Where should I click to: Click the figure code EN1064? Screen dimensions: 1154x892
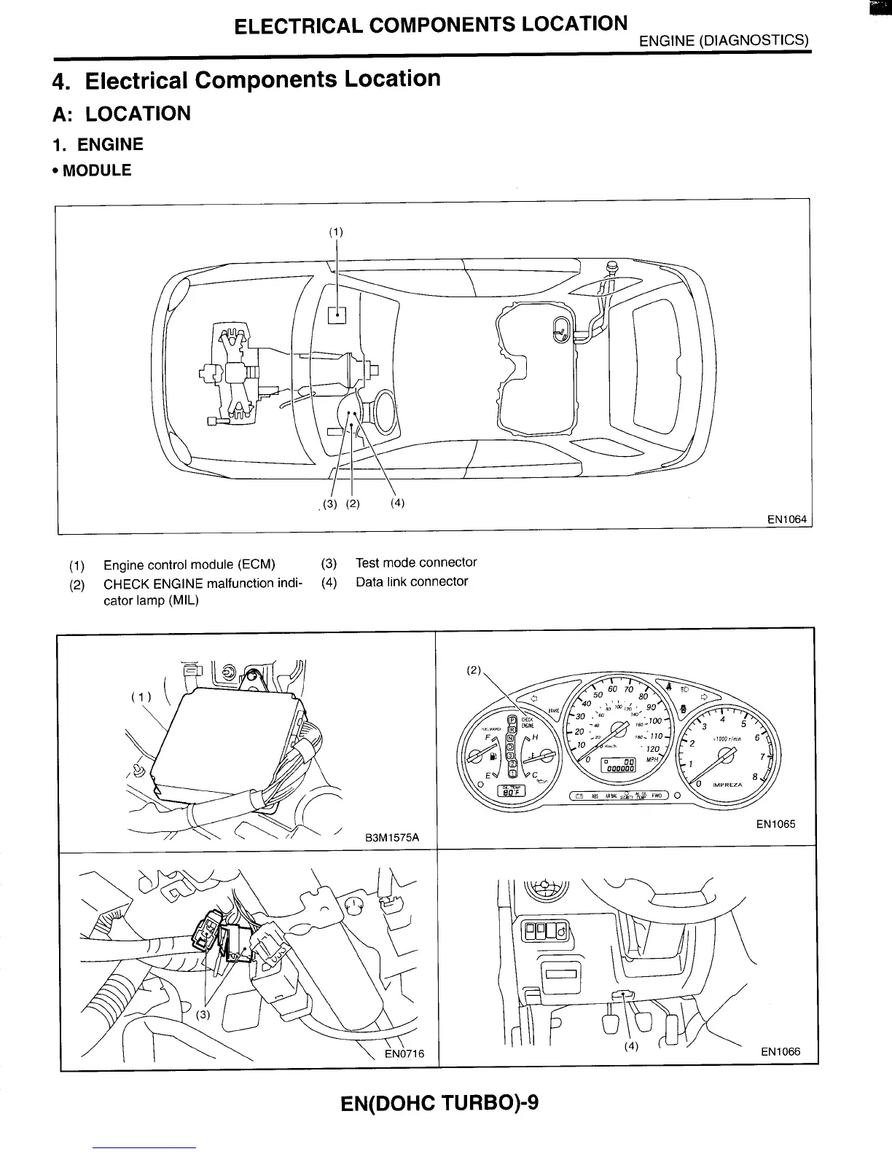tap(786, 519)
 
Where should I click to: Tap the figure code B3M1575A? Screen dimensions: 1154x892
tap(392, 837)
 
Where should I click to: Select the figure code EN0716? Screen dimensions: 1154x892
tap(404, 1053)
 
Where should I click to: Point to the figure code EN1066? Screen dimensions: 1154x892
tap(780, 1051)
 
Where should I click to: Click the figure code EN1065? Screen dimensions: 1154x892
tap(775, 824)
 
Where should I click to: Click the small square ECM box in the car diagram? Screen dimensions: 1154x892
tap(337, 315)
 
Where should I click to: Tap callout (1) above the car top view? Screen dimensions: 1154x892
tap(335, 232)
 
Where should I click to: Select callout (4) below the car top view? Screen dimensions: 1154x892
tap(397, 503)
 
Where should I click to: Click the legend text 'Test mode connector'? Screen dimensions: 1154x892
tap(415, 562)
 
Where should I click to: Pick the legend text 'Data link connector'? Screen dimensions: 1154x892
tap(412, 581)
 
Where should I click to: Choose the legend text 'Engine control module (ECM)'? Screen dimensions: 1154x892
tap(189, 565)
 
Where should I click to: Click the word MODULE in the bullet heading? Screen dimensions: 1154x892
tap(97, 170)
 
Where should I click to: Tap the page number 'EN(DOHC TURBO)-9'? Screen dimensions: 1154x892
tap(439, 1102)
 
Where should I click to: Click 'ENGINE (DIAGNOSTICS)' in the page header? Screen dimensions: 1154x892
tap(724, 41)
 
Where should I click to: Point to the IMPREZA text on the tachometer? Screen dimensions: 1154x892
tap(727, 785)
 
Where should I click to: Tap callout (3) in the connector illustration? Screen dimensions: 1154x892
tap(203, 1014)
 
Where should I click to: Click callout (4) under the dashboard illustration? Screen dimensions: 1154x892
tap(631, 1047)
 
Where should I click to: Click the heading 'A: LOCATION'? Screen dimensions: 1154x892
tap(122, 114)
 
